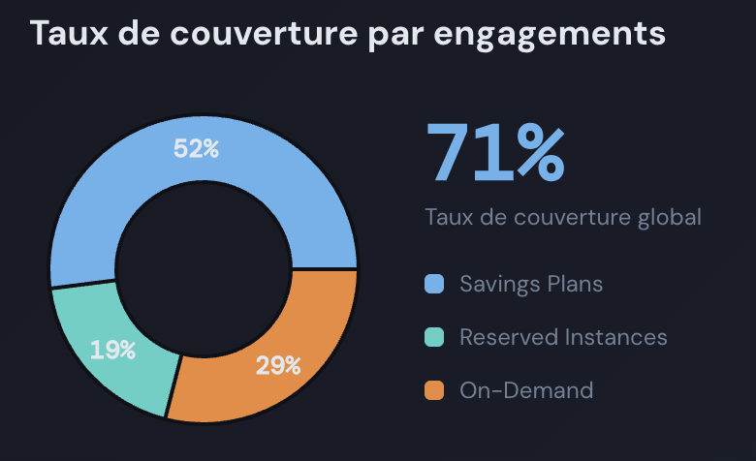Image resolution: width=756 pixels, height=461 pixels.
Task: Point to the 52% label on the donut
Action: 197,149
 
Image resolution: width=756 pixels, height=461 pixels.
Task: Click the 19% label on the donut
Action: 112,350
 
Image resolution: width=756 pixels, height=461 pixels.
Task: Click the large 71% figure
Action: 494,152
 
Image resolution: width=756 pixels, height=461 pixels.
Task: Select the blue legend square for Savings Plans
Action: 434,285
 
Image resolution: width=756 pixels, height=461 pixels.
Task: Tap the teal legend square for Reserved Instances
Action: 434,338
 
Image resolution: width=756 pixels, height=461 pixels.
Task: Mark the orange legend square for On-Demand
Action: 434,391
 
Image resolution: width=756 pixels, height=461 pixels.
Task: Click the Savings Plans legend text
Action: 531,285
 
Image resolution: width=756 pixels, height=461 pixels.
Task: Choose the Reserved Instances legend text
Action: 563,338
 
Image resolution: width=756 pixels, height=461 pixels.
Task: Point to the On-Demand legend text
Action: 525,391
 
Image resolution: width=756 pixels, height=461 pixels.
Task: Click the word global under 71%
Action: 669,216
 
